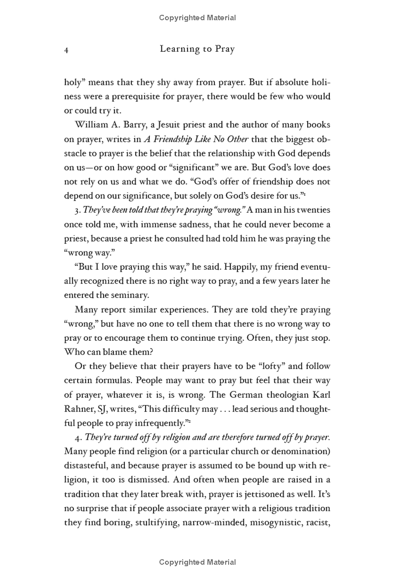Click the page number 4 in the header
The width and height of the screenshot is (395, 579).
point(66,50)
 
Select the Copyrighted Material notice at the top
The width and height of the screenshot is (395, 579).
point(197,18)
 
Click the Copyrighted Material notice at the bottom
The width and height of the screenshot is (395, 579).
point(197,562)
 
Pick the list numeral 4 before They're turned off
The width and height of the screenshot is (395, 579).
point(77,437)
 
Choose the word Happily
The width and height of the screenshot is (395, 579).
point(212,267)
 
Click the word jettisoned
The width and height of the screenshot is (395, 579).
point(251,494)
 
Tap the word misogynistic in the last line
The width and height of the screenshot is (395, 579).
point(267,523)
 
